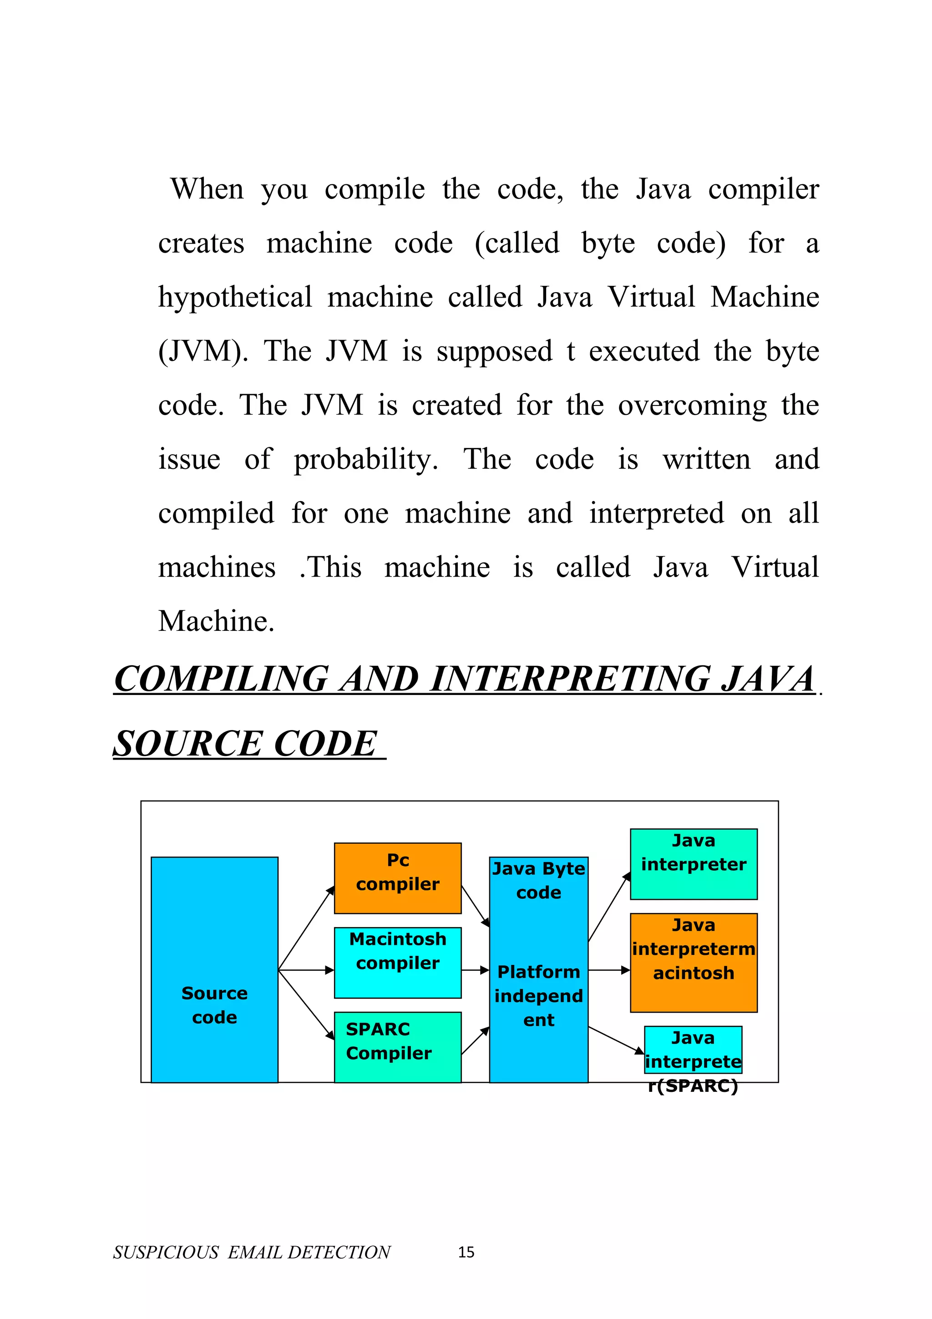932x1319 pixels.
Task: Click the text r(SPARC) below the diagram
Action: (x=693, y=1086)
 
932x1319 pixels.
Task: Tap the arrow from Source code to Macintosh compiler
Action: (x=305, y=970)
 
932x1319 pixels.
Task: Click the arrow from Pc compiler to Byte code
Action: (x=475, y=906)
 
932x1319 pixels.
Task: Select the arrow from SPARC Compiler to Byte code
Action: (x=475, y=1041)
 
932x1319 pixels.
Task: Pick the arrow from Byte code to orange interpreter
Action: (x=609, y=970)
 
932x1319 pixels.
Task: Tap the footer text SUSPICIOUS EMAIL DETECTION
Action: (x=252, y=1253)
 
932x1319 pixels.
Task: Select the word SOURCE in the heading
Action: (x=187, y=744)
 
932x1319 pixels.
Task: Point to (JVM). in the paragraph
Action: (x=203, y=351)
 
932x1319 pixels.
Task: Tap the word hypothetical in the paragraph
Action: (x=235, y=297)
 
